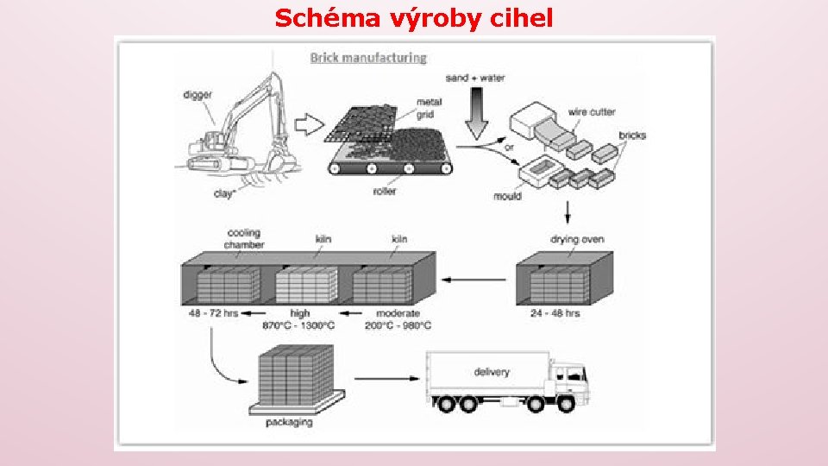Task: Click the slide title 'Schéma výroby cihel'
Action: [x=414, y=17]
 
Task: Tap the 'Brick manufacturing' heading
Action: [x=368, y=58]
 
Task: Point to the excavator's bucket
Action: [x=277, y=160]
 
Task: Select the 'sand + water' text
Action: [x=475, y=78]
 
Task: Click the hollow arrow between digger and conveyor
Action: [x=308, y=124]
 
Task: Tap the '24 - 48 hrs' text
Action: [x=555, y=313]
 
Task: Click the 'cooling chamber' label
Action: [x=244, y=239]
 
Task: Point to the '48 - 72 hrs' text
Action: [x=213, y=313]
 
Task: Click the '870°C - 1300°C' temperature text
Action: [x=298, y=325]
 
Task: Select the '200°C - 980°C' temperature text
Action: [x=398, y=325]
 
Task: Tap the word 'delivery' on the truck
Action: [x=492, y=372]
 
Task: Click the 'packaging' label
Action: [x=289, y=423]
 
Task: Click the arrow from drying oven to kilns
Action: [x=475, y=280]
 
